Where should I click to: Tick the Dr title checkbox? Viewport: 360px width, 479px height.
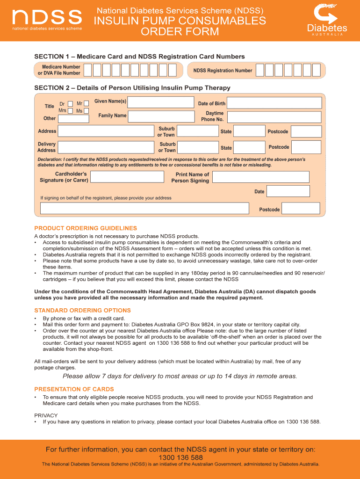click(70, 103)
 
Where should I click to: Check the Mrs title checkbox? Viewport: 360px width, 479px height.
click(70, 111)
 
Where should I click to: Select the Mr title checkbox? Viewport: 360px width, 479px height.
click(86, 103)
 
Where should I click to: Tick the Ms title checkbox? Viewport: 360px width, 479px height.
click(86, 111)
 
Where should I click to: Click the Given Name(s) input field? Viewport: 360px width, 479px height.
click(161, 102)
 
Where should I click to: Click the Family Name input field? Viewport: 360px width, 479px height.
click(161, 116)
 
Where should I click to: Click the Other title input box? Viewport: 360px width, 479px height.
click(73, 119)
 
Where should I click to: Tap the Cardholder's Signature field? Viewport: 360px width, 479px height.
click(127, 177)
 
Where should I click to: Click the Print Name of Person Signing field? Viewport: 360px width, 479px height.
click(261, 177)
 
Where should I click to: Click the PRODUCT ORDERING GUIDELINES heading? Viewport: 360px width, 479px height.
click(86, 228)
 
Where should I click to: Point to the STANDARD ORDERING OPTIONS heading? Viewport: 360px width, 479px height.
click(82, 311)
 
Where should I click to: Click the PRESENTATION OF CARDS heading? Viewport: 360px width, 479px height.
click(74, 389)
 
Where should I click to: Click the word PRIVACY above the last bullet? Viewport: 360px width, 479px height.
click(46, 415)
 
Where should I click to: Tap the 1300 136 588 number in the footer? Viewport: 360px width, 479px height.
click(180, 457)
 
